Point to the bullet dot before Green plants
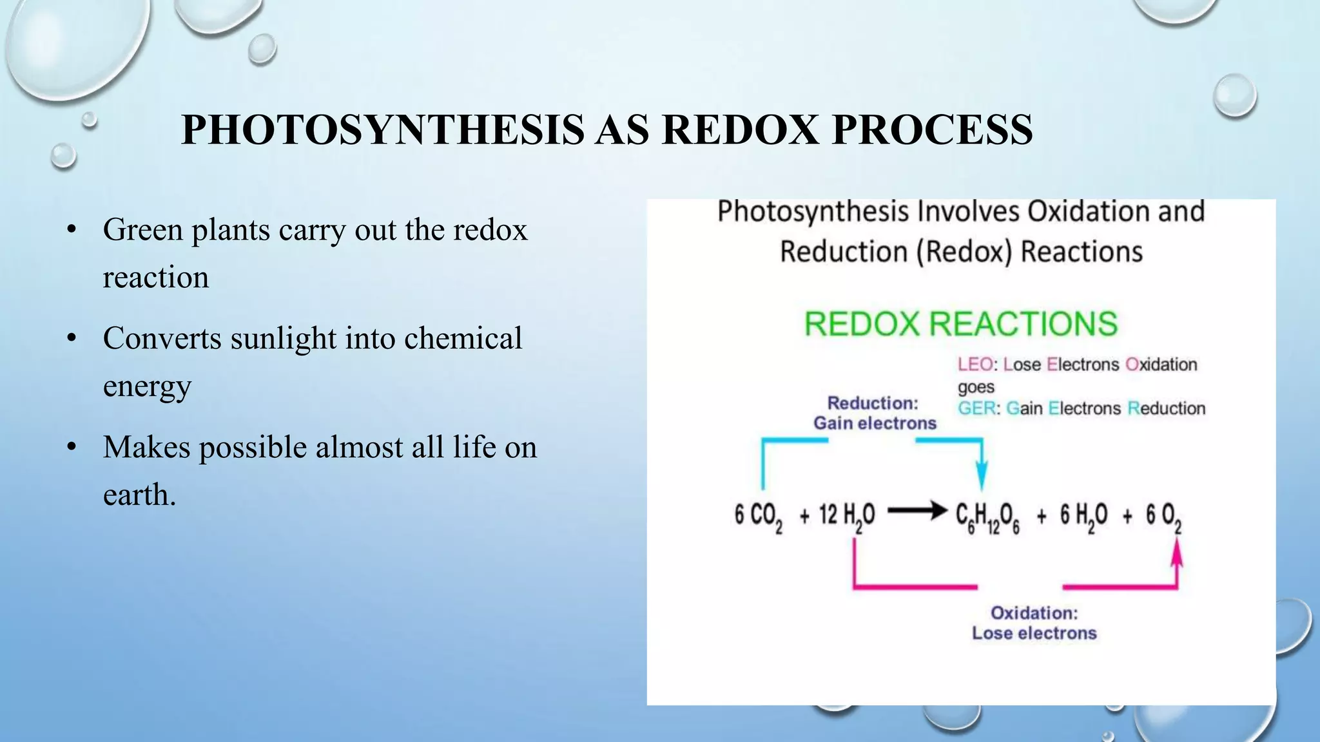pos(72,230)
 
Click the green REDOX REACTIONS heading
pos(960,323)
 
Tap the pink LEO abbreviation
pos(975,365)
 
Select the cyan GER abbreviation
pos(976,408)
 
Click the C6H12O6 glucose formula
pos(987,517)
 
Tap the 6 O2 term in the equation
pos(1163,517)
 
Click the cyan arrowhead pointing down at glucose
pos(981,479)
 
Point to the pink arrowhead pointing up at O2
pos(1176,554)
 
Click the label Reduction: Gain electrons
pos(874,413)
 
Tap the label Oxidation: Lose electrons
pos(1034,623)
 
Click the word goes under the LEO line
pos(976,387)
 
